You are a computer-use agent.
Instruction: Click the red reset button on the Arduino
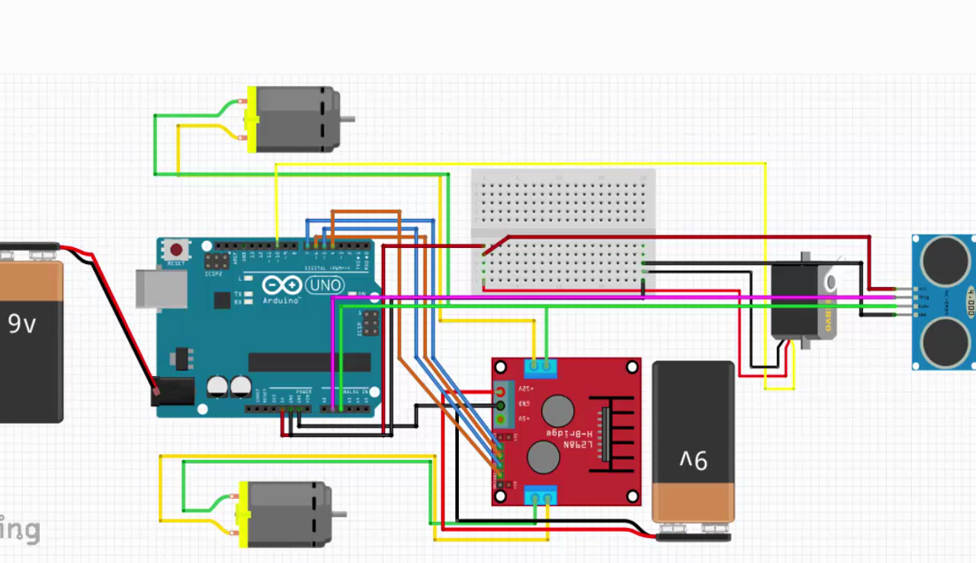(177, 250)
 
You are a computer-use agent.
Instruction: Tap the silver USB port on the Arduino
(162, 289)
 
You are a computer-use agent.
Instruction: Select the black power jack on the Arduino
(175, 393)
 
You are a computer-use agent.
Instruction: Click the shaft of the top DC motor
(347, 119)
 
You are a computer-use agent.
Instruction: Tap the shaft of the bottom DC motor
(339, 514)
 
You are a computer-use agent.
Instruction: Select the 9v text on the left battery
(22, 324)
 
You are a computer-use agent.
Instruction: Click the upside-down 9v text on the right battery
(693, 460)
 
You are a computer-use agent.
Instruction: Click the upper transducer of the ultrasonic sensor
(945, 260)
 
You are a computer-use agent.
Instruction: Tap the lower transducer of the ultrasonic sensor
(945, 340)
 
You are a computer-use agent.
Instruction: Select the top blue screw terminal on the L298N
(541, 368)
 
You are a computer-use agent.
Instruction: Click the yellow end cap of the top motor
(249, 121)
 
